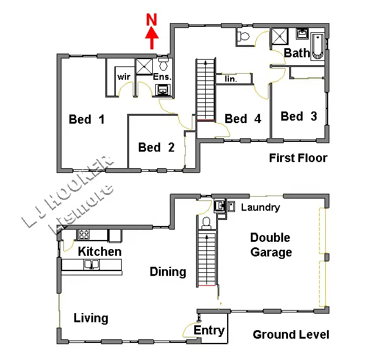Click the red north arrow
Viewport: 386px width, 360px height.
coord(152,40)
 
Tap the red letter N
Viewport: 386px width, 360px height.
coord(152,19)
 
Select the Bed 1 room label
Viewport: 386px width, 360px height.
coord(86,119)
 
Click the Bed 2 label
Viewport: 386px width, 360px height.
coord(156,147)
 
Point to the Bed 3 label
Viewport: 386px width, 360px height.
coord(299,116)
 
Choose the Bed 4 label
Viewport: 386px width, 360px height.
coord(243,119)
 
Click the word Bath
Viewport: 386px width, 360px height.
coord(297,53)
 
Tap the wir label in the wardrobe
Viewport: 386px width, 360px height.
coord(124,77)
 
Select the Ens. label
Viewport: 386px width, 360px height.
coord(162,77)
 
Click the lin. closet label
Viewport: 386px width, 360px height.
coord(231,79)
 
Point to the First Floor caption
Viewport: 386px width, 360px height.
coord(298,158)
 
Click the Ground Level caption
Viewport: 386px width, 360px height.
coord(291,334)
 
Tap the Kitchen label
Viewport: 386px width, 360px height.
coord(99,251)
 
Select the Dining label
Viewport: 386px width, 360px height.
coord(168,272)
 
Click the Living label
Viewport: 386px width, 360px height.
coord(91,318)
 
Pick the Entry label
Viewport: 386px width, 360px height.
coord(209,331)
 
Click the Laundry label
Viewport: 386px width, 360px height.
coord(261,208)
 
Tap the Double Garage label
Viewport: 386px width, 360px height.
coord(271,245)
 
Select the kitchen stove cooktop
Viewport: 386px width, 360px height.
coord(84,234)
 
